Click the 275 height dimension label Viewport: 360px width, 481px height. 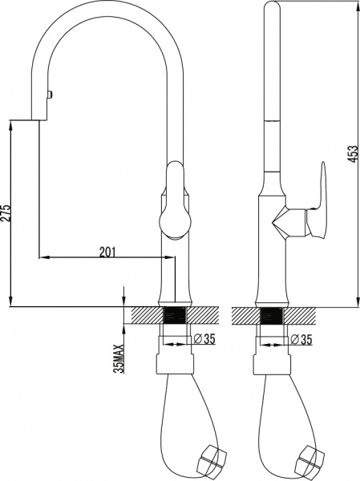(6, 212)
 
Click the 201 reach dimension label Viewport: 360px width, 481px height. (107, 252)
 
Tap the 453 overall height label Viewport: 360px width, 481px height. (354, 154)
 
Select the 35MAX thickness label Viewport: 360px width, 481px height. (119, 358)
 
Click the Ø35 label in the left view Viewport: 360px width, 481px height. (204, 339)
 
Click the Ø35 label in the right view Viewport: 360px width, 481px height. (301, 339)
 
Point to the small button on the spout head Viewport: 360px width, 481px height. (49, 95)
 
